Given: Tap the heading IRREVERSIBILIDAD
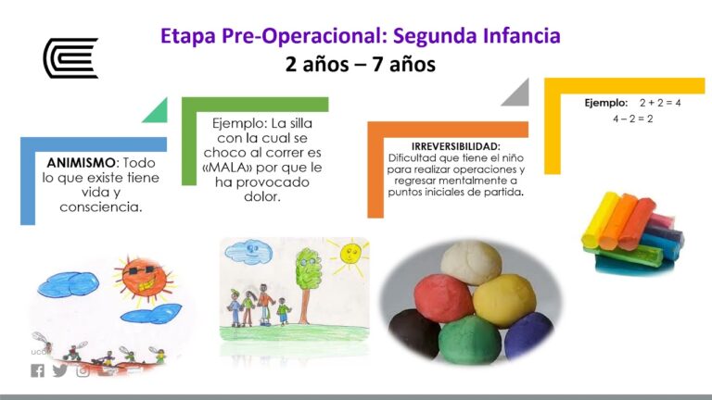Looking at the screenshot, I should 455,146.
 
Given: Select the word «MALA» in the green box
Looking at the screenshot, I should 232,168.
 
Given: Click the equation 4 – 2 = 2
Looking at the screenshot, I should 633,119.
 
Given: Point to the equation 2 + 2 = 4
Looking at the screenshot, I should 659,102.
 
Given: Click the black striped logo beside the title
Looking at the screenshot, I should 70,57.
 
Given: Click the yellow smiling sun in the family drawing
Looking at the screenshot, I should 350,253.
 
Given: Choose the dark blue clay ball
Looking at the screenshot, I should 528,333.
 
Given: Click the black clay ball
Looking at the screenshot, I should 413,331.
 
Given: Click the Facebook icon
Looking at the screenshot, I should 37,370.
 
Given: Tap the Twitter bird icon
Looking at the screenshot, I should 60,370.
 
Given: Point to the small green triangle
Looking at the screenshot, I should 155,110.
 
